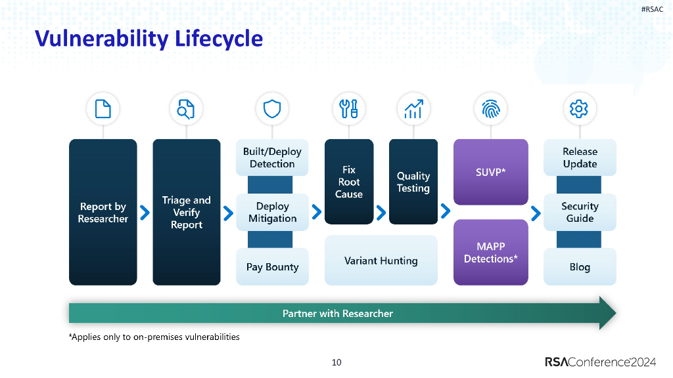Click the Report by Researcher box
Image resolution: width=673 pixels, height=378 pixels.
point(103,212)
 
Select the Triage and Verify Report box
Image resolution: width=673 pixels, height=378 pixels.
point(187,212)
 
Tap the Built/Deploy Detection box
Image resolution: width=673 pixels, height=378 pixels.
point(272,157)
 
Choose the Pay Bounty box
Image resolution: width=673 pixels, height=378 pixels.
point(272,267)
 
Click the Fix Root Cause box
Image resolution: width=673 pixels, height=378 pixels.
point(349,182)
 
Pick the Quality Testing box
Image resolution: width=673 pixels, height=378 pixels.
point(413,182)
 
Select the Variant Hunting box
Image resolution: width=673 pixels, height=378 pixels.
point(381,261)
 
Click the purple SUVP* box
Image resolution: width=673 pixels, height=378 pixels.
point(491,172)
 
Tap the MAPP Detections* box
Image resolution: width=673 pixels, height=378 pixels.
point(491,253)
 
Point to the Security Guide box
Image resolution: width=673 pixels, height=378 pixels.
point(580,212)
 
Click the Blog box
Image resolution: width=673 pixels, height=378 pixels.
point(580,267)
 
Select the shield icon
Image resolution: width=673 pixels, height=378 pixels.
point(272,109)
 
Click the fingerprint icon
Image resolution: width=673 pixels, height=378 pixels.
point(491,109)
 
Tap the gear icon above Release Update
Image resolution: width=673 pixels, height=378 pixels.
point(579,109)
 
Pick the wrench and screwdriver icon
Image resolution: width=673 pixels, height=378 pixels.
point(349,109)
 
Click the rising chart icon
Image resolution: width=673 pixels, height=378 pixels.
point(413,109)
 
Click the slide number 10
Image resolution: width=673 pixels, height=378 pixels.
point(336,362)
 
